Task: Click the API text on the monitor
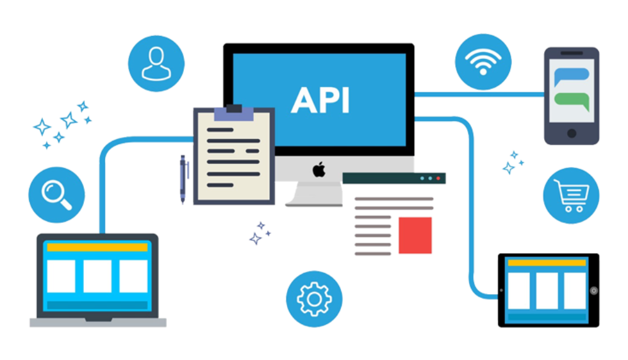pos(320,100)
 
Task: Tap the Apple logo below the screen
pos(319,169)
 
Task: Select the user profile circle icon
pos(156,63)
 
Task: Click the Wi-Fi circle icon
pos(483,61)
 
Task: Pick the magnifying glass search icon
pos(57,195)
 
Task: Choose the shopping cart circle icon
pos(571,196)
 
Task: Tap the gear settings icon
pos(314,299)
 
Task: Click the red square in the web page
pos(415,235)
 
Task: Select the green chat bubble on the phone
pos(572,101)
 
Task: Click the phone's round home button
pos(571,133)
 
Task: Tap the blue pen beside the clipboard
pos(183,179)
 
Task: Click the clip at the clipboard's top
pos(234,112)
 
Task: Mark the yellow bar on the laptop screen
pos(98,247)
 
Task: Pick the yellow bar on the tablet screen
pos(547,263)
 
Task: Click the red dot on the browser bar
pos(438,178)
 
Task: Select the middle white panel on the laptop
pos(98,276)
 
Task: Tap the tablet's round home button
pos(594,291)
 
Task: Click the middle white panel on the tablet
pos(547,291)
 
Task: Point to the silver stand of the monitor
pos(314,194)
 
